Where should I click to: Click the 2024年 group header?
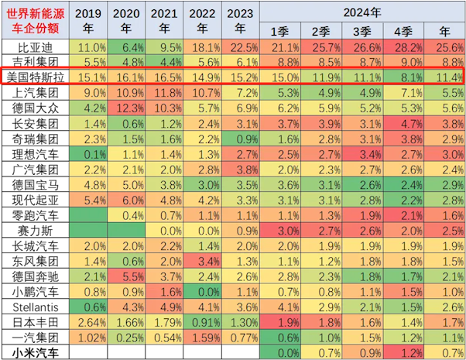[362, 12]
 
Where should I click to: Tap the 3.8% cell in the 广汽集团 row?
[240, 169]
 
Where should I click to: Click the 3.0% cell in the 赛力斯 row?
[279, 230]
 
